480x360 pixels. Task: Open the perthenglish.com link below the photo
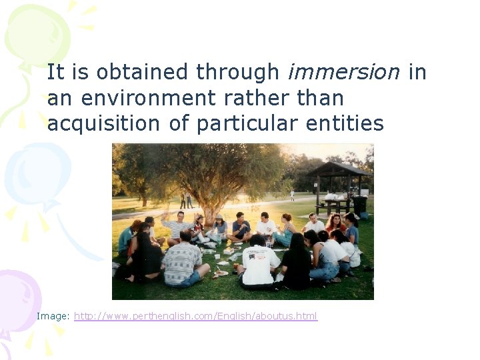[195, 316]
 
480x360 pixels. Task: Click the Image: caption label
[53, 316]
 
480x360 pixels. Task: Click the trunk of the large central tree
[211, 212]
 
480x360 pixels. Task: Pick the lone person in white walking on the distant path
[292, 195]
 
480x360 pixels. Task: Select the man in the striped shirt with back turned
[181, 261]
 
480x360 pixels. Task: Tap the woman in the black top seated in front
[295, 265]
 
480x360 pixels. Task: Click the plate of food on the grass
[221, 272]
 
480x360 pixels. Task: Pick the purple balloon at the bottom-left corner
[17, 300]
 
